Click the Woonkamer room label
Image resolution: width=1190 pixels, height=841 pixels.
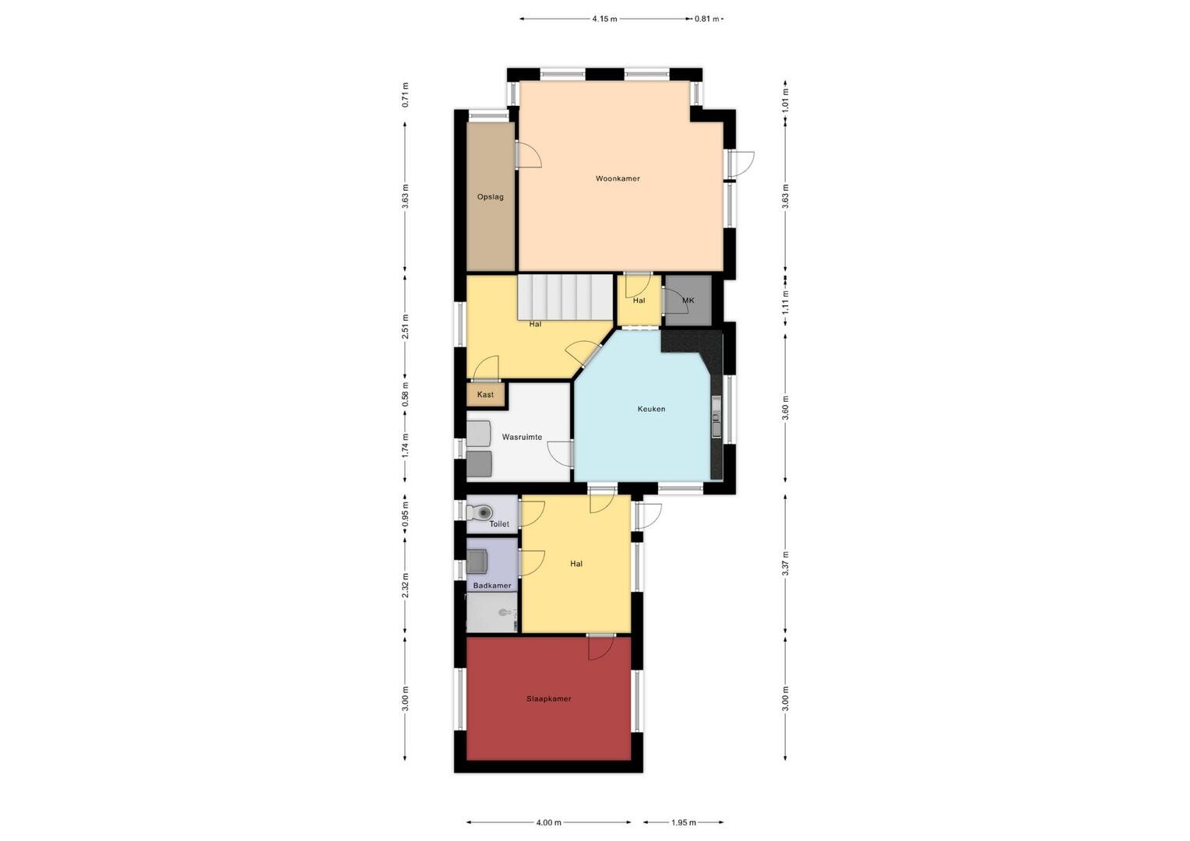coord(618,178)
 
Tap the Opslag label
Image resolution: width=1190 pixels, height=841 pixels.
coord(490,197)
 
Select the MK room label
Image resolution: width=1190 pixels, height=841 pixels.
coord(688,300)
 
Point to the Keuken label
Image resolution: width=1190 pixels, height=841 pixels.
coord(651,409)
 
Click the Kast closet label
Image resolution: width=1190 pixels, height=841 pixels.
coord(485,395)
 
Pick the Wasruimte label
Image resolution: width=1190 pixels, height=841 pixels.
coord(522,437)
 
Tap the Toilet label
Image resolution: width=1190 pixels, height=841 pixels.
coord(499,524)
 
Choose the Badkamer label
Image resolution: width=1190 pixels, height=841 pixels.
coord(492,586)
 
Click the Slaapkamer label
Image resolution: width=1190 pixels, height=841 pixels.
coord(549,698)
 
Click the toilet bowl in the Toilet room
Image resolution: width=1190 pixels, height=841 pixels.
coord(480,512)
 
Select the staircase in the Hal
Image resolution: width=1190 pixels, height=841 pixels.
coord(565,297)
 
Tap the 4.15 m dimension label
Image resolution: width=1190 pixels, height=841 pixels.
coord(604,19)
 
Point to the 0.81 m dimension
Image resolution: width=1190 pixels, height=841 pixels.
coord(706,19)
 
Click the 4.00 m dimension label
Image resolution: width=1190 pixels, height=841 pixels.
coord(548,823)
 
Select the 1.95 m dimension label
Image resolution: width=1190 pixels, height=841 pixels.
coord(683,823)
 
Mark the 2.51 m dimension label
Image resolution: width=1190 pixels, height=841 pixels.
coord(405,326)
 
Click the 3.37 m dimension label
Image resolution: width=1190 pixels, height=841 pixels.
coord(786,563)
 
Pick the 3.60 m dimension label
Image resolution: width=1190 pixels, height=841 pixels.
coord(786,407)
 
